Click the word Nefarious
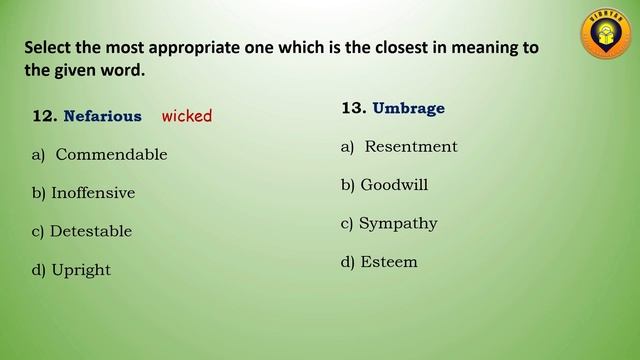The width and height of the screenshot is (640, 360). point(102,116)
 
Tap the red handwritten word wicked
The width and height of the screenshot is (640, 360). point(187,116)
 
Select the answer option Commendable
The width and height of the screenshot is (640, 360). point(111,155)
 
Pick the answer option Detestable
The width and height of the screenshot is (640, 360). point(91,231)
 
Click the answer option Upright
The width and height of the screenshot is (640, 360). point(81,270)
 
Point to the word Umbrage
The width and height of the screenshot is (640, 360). point(408,108)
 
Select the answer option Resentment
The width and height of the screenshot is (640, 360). point(410,147)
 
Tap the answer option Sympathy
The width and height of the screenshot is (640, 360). point(398,223)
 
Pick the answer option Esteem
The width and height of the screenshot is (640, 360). point(389,262)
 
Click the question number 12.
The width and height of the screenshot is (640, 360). point(43,116)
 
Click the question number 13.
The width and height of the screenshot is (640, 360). point(353,108)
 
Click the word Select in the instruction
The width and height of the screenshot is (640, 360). point(49,47)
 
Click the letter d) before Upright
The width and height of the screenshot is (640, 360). point(39,270)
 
